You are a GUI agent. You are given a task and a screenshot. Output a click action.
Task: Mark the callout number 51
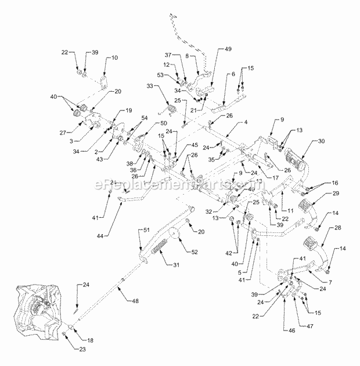[x=139, y=231]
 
